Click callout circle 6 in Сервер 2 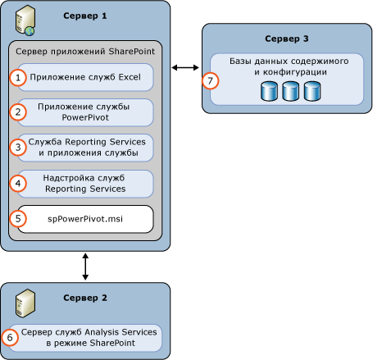11,337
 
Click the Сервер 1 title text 85,16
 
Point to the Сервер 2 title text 85,298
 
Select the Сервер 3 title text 287,39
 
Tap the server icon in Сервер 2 24,303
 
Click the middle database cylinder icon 290,91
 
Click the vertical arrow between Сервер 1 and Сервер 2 85,267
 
